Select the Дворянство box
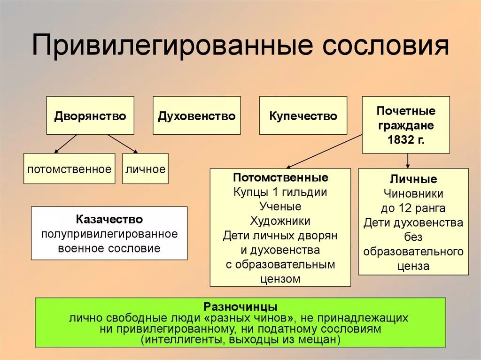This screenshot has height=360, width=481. pos(90,115)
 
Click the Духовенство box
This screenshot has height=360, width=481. pos(197,115)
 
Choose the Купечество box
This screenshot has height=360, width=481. pos(303,115)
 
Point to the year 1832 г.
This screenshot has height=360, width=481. pos(406,139)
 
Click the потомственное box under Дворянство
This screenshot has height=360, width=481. pos(69,169)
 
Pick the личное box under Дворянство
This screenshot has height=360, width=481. pos(145,169)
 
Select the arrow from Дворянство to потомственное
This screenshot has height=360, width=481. pos(65,144)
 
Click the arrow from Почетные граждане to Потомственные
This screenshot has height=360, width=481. pos(324,151)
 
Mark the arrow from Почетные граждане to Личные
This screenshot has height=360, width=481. pos(407,161)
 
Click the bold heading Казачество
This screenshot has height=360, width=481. pos(109,219)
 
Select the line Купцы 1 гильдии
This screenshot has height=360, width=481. pos(280,192)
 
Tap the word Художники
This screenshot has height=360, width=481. pos(280,221)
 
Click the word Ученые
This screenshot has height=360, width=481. pos(280,207)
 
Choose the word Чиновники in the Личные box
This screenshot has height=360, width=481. pos(413,193)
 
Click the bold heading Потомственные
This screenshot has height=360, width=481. pos(280,178)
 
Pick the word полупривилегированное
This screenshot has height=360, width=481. pos(109,234)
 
